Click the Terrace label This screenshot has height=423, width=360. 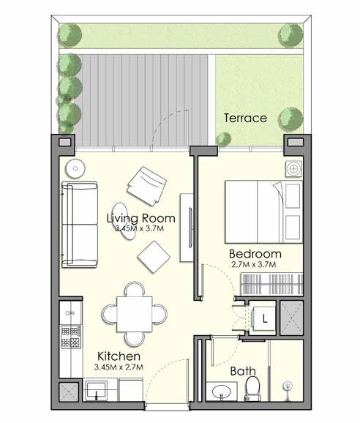tap(245, 117)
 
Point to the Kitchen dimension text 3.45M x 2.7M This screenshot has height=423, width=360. tap(118, 367)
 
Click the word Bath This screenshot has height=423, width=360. tap(242, 372)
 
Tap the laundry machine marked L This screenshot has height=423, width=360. tap(263, 319)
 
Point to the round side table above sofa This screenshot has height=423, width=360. tap(73, 167)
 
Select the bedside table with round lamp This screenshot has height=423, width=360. tap(293, 168)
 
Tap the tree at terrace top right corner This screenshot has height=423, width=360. tap(287, 32)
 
